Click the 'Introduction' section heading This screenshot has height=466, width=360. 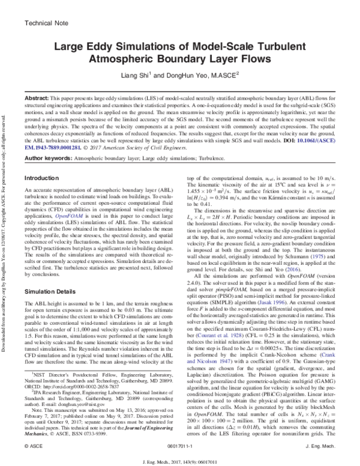click(x=43, y=178)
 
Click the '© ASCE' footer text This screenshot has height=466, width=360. click(x=34, y=447)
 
